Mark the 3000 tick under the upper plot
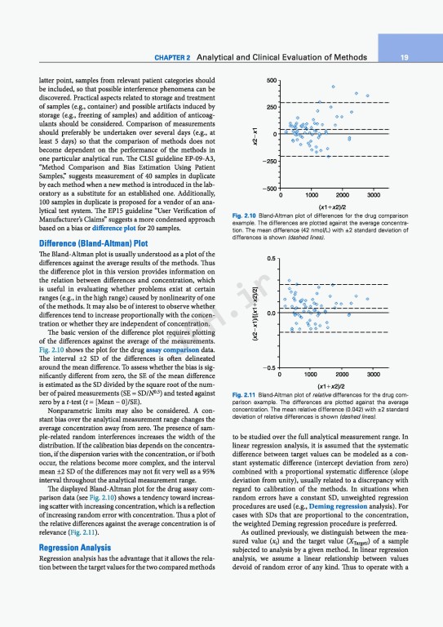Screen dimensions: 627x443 (374, 196)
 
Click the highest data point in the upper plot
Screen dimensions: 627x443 (333, 87)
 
